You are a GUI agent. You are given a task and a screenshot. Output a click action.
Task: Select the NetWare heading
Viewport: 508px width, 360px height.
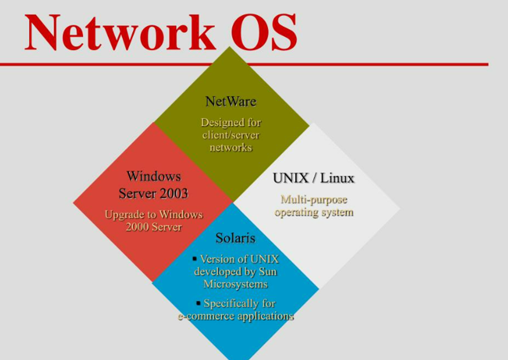coord(231,102)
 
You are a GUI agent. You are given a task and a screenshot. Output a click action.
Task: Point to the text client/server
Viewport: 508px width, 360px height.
coord(231,135)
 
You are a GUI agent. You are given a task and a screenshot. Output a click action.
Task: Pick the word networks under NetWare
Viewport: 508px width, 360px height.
coord(231,148)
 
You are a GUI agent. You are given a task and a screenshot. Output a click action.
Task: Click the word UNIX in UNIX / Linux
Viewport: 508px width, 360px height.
coord(291,178)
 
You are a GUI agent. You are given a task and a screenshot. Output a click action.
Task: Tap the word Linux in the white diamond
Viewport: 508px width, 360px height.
coord(337,178)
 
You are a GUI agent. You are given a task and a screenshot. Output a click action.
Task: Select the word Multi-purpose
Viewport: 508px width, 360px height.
coord(314,200)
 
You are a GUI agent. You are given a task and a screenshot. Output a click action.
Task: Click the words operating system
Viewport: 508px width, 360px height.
coord(314,212)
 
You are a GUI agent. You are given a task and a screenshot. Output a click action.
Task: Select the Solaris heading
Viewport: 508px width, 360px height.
coord(235,238)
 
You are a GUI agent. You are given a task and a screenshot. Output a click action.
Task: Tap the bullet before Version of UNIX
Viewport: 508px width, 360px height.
coord(195,258)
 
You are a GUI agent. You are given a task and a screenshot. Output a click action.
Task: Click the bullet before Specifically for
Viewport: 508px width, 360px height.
coord(198,302)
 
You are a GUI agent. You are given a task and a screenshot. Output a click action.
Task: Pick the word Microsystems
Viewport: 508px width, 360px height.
coord(235,284)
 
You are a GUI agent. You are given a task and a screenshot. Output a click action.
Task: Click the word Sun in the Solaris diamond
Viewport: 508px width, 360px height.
coord(268,272)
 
